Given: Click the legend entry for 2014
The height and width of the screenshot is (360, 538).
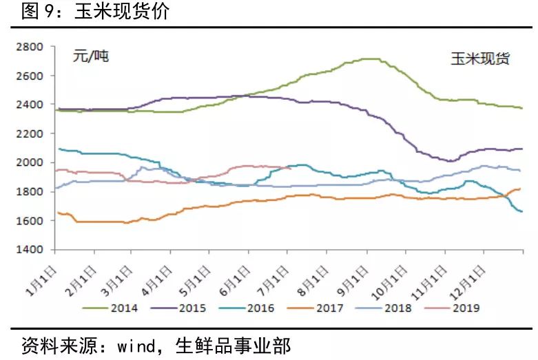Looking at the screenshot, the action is coord(110,308).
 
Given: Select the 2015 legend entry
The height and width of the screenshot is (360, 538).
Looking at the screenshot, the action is coord(178,308).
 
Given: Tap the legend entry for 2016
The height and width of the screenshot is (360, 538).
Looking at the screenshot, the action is coord(247,308).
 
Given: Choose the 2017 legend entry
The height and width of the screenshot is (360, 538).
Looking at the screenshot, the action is coord(315,308).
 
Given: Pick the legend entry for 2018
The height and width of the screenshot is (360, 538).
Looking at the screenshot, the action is coord(384,308).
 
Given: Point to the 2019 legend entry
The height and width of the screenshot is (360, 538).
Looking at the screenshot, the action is coord(452,308).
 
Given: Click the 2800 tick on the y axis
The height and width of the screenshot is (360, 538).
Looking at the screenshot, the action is coord(30,46).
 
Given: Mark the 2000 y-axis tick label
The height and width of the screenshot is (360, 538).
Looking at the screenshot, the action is coord(30,162).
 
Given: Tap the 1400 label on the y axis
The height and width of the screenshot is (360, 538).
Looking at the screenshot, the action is coord(30,249).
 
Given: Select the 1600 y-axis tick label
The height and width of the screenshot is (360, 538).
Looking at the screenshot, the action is coord(30,220).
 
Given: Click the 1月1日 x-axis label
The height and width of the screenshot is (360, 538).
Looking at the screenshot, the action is coord(41,281).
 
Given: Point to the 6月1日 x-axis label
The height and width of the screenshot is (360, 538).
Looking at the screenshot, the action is coord(235,281).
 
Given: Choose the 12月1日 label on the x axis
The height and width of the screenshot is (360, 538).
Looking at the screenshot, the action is coord(468,282).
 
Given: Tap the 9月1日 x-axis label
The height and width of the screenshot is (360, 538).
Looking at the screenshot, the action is coord(353,281).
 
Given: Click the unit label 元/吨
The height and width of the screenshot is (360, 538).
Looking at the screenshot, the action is coord(91,56).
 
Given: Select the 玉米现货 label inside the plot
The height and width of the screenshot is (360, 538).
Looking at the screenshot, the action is coord(480,59).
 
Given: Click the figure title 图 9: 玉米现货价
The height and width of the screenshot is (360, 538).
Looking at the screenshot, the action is coord(95,11).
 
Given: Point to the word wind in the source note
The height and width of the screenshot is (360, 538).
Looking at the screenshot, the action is coord(136,346).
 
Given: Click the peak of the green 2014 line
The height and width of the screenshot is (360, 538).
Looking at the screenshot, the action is coord(371,59).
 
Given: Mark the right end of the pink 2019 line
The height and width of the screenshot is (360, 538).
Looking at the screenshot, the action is coord(291,169).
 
